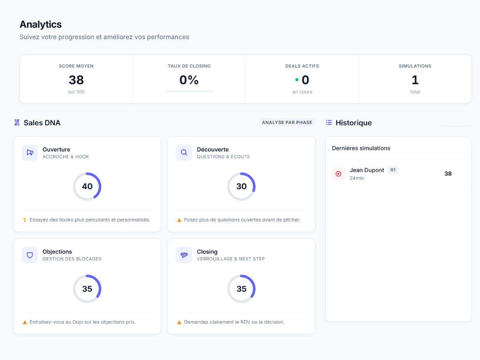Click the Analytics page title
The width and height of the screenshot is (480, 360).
coord(40,24)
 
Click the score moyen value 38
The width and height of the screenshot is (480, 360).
coord(76,80)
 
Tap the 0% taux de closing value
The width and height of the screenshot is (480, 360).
coord(189,80)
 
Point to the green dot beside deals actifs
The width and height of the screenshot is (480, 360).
coord(297,80)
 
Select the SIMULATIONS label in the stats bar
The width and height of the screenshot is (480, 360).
coord(415,66)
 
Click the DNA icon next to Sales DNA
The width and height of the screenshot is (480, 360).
coord(17,123)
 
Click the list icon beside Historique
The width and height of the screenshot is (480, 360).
coord(329,123)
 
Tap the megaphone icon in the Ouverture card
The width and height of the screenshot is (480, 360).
coord(30,152)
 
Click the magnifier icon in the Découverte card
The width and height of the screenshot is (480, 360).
coord(184,152)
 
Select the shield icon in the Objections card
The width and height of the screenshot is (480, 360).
coord(30,255)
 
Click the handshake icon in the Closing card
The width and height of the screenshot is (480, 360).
coord(184,255)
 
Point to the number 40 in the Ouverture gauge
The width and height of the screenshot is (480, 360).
coord(87,186)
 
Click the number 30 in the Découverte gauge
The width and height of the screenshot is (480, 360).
coord(241,186)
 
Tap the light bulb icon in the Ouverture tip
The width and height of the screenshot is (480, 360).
coord(25,220)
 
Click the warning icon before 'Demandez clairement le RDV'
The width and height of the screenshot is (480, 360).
coord(179,322)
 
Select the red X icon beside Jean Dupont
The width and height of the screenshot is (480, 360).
coord(338,174)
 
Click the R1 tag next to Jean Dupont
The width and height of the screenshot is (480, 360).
coord(393,170)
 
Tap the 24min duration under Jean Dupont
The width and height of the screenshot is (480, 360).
coord(357,178)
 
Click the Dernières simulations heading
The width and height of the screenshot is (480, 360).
coord(361,148)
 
